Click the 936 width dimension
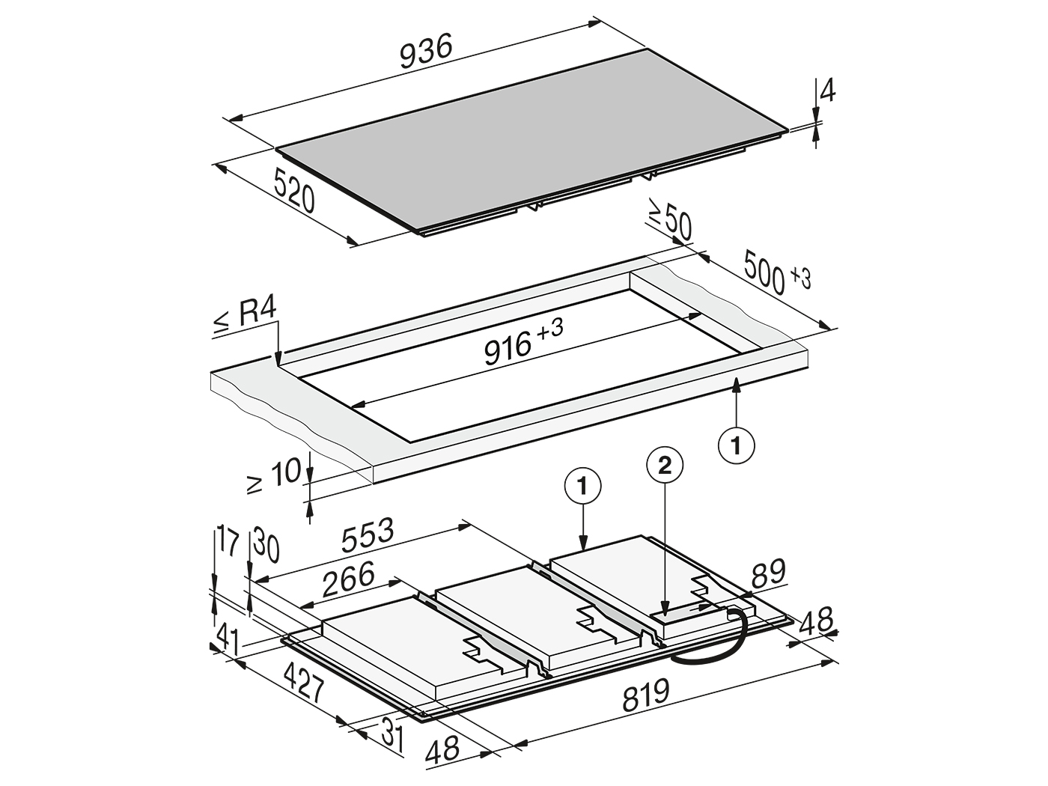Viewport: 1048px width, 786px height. click(426, 52)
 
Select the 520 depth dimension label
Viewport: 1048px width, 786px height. click(293, 191)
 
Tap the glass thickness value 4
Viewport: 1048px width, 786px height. click(827, 90)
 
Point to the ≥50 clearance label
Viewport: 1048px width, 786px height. click(669, 219)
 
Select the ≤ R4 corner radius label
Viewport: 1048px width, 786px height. click(245, 315)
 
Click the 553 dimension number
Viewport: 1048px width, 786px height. click(368, 534)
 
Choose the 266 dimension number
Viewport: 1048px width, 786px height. click(348, 579)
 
